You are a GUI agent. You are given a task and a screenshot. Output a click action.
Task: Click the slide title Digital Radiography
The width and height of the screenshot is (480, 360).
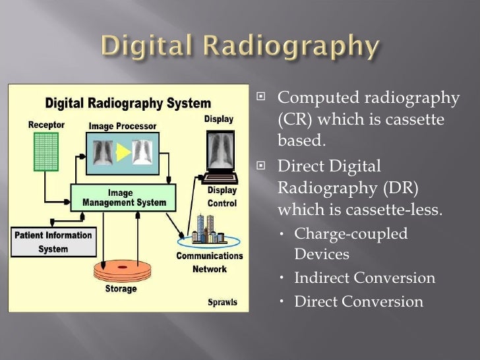click(239, 47)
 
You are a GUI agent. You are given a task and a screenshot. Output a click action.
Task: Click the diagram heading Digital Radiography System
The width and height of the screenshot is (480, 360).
click(127, 104)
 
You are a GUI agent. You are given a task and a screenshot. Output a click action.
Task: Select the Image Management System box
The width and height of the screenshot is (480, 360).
click(124, 198)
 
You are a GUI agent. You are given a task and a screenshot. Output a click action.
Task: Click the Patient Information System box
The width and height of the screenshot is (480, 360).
click(53, 241)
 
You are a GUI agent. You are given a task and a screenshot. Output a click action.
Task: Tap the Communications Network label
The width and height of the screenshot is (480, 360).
click(209, 262)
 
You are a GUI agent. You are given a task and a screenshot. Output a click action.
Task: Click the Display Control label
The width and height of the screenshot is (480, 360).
click(222, 197)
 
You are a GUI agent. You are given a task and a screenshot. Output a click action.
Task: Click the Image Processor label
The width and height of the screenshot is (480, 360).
click(123, 125)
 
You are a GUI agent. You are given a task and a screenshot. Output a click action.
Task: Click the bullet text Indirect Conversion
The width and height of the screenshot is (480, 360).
click(365, 278)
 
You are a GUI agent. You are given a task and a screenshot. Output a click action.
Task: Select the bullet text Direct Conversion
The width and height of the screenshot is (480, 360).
click(358, 301)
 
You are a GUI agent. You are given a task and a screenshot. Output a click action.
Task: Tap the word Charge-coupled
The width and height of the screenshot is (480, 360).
click(351, 233)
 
